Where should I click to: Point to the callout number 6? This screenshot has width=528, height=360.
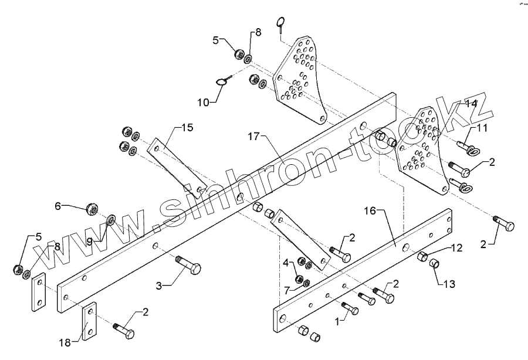click(x=58, y=205)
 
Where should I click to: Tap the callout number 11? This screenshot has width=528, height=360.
click(x=481, y=127)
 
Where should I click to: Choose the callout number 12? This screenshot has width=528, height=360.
click(x=456, y=249)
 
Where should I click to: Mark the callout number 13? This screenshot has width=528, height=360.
click(x=448, y=284)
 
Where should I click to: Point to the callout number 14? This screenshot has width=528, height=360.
click(x=487, y=104)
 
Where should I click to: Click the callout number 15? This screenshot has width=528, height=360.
click(x=187, y=127)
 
